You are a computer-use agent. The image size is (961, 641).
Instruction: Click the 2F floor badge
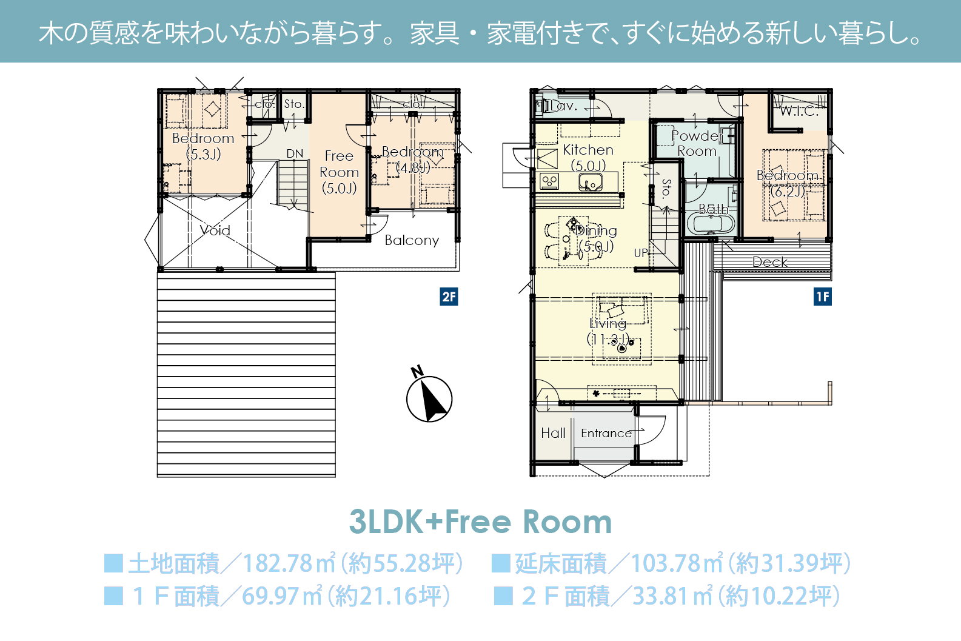[x=449, y=297]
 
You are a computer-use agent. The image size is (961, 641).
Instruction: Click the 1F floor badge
[x=822, y=297]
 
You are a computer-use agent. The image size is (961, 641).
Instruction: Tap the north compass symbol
[x=429, y=395]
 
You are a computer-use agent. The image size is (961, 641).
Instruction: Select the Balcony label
[x=412, y=240]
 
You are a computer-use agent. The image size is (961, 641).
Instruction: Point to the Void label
[x=215, y=230]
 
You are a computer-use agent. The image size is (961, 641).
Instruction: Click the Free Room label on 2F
[x=339, y=172]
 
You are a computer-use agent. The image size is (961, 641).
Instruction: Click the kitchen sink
[x=591, y=183]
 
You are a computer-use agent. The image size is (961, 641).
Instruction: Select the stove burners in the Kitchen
[x=549, y=182]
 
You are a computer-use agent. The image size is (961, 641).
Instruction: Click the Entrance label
[x=606, y=434]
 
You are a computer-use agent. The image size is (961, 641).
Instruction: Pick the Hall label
[x=553, y=433]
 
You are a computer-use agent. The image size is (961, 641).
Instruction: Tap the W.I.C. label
[x=799, y=112]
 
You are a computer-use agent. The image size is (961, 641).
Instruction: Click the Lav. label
[x=564, y=106]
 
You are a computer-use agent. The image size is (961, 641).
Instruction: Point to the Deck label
[x=770, y=262]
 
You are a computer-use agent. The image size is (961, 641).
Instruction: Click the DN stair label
[x=295, y=153]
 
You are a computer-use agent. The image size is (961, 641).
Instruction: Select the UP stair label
[x=640, y=253]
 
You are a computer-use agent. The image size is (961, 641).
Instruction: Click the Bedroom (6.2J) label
[x=787, y=183]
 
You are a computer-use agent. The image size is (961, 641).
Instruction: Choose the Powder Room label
[x=697, y=143]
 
